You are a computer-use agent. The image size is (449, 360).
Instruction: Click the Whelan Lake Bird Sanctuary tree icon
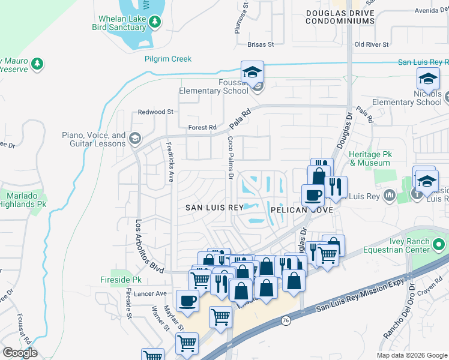coord(155,22)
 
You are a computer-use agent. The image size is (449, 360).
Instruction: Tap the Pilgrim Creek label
coord(168,59)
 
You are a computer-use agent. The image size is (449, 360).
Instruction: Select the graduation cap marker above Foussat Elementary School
coord(253,73)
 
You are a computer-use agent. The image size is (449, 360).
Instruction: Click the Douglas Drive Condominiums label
coord(340,17)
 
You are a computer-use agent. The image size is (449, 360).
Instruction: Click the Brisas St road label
coord(261,44)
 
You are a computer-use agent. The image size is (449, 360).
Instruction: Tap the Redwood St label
coord(155,112)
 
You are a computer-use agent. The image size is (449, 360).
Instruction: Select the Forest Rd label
coord(202,127)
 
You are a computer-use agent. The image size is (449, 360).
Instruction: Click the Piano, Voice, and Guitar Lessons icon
coord(135,139)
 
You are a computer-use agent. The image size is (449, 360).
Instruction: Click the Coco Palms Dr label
coord(230,158)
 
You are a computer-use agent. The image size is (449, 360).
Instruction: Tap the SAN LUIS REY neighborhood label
coord(214,208)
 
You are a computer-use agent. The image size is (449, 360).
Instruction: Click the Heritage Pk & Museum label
coord(370,158)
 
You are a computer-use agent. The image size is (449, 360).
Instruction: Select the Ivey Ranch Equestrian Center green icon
coord(439,245)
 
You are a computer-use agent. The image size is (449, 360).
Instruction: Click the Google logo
coord(20,353)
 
